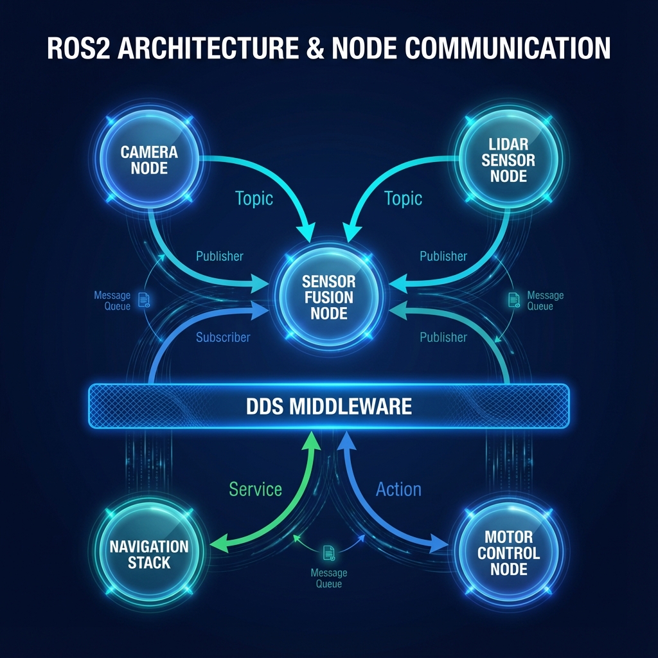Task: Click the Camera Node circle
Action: [149, 159]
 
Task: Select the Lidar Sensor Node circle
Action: [508, 159]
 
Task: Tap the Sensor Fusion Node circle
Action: [328, 297]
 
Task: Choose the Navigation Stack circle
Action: [149, 554]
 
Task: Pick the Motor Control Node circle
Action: [508, 553]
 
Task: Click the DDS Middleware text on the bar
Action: [328, 406]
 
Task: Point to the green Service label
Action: [255, 489]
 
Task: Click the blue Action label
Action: [398, 489]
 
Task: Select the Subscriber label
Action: [223, 337]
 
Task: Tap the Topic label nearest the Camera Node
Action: [254, 198]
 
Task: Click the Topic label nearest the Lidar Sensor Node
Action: [403, 198]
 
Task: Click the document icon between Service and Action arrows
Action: [329, 553]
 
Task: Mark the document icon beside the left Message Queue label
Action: [143, 299]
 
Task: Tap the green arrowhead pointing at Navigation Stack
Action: [219, 544]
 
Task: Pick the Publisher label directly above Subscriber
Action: [220, 256]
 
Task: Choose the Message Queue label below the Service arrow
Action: [328, 578]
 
